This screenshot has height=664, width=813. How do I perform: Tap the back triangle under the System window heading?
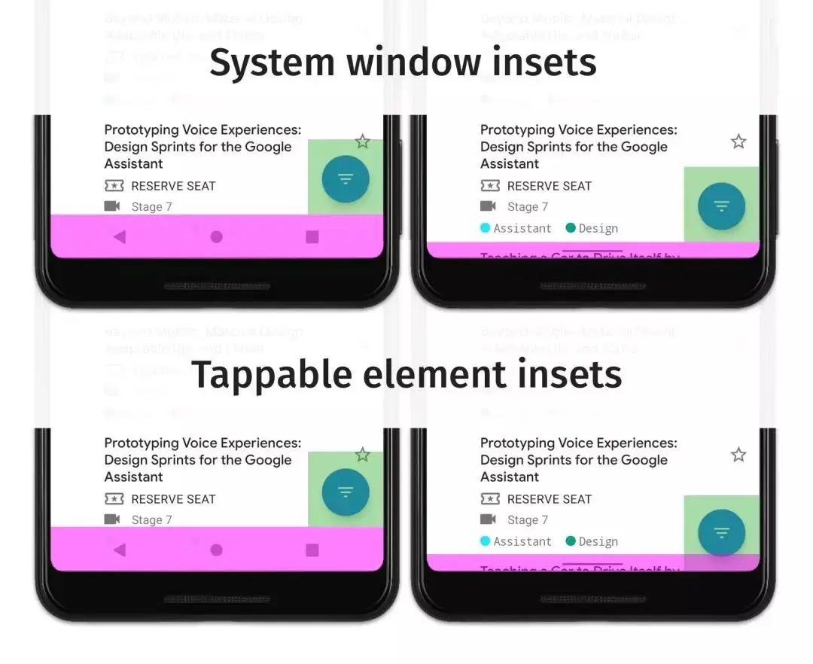(119, 237)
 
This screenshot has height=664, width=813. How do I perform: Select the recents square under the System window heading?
(312, 237)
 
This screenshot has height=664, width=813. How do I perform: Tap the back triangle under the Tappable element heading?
(119, 550)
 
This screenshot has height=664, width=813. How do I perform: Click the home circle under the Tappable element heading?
(216, 550)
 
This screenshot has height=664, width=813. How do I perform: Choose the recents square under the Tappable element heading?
(312, 550)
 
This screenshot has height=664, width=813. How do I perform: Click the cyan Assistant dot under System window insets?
(486, 228)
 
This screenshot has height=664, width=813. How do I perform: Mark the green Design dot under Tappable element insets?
(571, 541)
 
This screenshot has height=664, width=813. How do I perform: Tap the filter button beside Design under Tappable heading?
(721, 533)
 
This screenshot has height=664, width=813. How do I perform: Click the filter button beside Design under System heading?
(721, 205)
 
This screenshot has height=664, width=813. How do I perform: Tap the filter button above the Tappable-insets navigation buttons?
(346, 492)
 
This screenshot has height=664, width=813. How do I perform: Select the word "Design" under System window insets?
(598, 229)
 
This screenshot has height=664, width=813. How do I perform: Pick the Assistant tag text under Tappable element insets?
(522, 542)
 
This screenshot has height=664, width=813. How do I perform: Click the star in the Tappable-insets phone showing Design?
(738, 455)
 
